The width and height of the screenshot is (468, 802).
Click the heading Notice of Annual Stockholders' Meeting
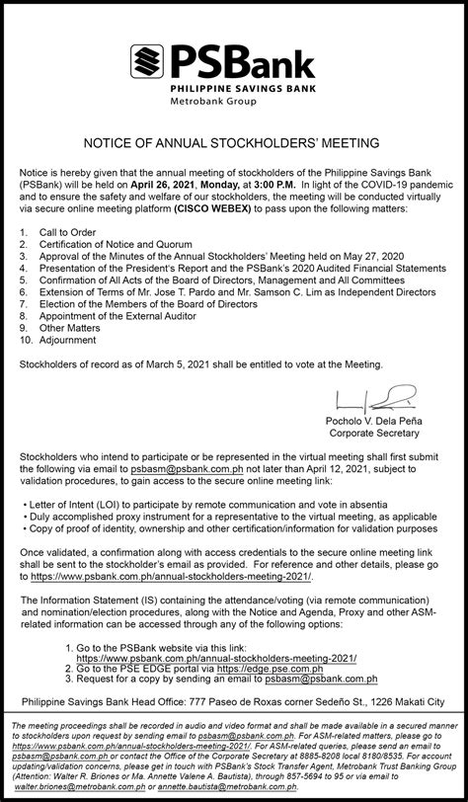pos(233,141)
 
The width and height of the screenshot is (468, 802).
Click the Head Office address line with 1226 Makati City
pos(233,674)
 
